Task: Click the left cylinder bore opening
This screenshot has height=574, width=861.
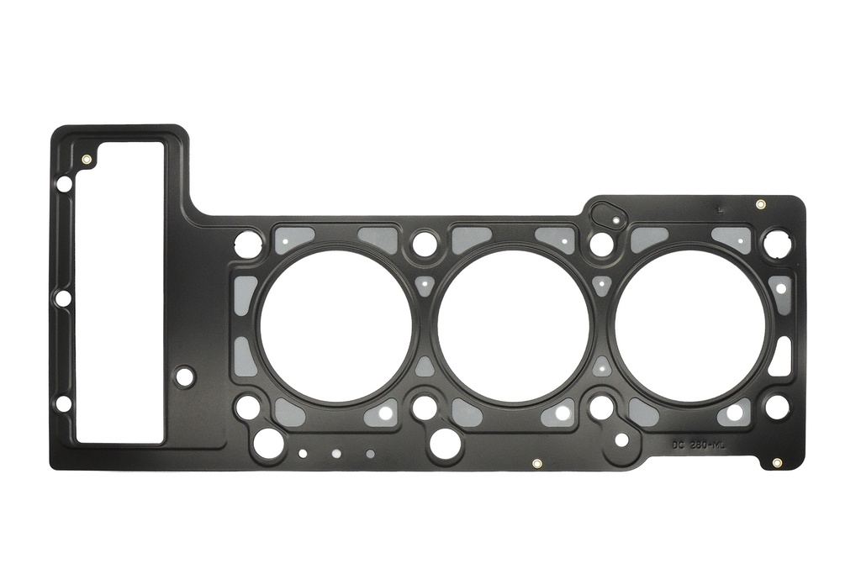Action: click(x=335, y=326)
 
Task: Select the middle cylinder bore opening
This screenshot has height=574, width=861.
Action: click(x=513, y=326)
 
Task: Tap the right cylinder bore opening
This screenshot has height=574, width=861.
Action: click(x=690, y=326)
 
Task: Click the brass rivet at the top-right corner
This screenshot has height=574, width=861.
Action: click(x=760, y=204)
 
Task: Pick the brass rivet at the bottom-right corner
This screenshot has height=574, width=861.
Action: click(x=776, y=462)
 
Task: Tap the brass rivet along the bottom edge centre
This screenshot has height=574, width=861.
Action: click(x=536, y=462)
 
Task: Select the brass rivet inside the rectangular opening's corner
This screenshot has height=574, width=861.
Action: click(x=87, y=159)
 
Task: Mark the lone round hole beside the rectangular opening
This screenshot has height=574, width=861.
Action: click(x=185, y=377)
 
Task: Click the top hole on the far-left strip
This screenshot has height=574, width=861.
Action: click(x=64, y=183)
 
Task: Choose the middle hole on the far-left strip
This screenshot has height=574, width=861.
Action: click(x=62, y=298)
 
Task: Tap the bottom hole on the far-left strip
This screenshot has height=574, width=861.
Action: click(x=63, y=403)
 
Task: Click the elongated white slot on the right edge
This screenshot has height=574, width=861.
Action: click(x=780, y=357)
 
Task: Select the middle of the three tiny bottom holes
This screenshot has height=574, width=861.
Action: click(x=336, y=453)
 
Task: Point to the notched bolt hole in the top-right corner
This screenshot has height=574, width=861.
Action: click(x=777, y=244)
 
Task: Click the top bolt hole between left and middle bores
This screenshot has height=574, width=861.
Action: click(x=425, y=244)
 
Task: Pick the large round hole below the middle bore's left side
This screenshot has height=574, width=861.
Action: click(x=445, y=443)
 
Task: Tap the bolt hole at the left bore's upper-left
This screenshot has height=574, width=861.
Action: click(x=248, y=245)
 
